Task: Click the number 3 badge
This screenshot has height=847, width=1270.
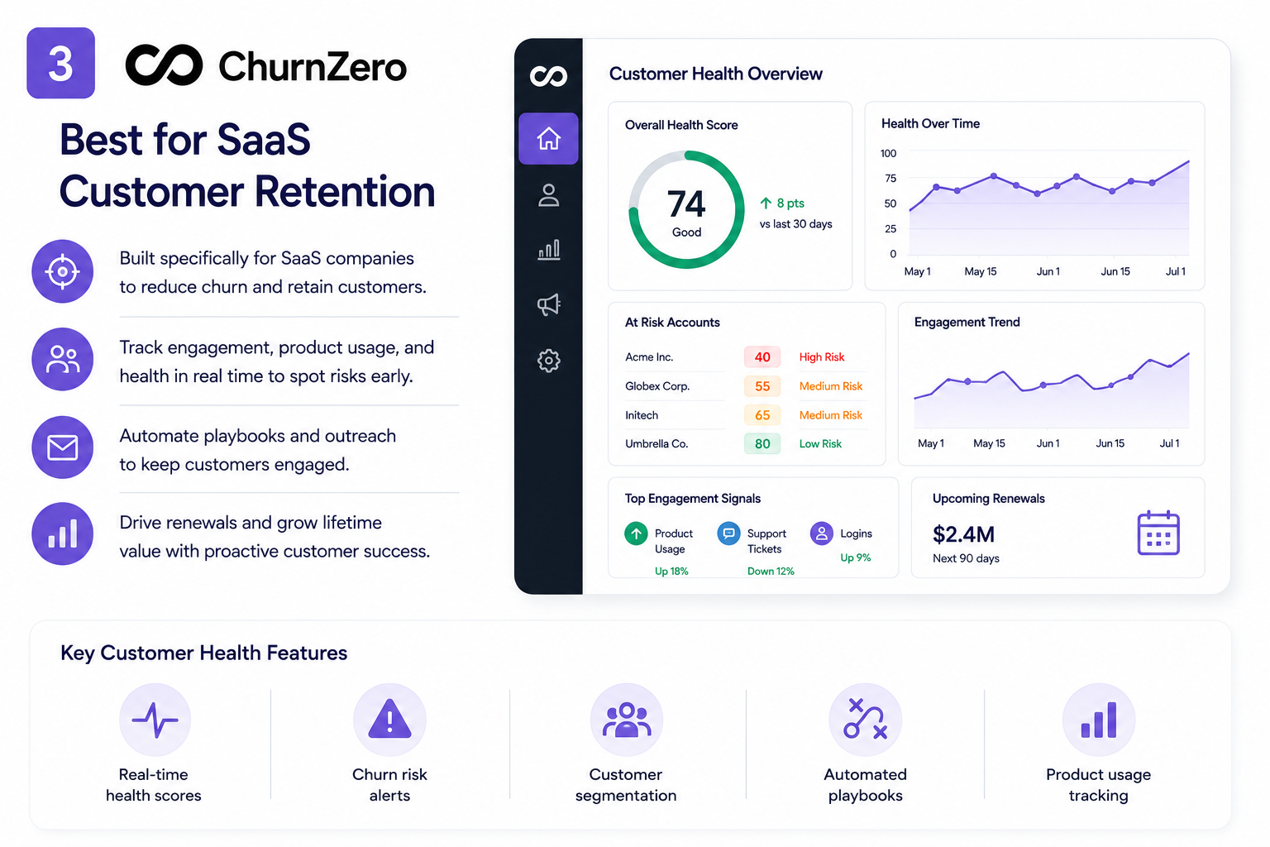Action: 60,63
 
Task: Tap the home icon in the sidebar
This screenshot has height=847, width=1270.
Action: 548,138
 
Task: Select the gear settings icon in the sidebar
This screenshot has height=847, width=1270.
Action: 548,361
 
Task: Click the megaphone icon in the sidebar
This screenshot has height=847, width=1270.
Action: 548,304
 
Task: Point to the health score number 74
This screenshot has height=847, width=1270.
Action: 686,204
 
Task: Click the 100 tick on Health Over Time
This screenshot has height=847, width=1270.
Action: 888,153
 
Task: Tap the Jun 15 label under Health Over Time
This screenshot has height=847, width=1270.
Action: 1115,272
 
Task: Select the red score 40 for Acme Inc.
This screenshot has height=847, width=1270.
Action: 762,357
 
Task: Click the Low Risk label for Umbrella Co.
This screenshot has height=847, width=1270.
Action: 820,443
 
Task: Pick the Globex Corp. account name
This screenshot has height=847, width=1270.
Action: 657,386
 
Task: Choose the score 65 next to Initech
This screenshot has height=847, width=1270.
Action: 762,415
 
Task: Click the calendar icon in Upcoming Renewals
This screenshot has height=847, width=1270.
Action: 1158,533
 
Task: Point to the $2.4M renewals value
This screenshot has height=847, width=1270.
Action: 963,534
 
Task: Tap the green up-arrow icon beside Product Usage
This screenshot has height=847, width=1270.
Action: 636,534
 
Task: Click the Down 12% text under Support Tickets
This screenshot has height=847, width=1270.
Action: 771,572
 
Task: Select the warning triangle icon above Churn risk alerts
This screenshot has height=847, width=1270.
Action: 389,719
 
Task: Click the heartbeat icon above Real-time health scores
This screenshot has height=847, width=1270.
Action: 155,720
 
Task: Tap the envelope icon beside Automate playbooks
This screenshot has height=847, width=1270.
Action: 62,447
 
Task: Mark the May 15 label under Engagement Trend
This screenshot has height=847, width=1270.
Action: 989,443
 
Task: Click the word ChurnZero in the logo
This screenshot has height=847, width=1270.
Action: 313,67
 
